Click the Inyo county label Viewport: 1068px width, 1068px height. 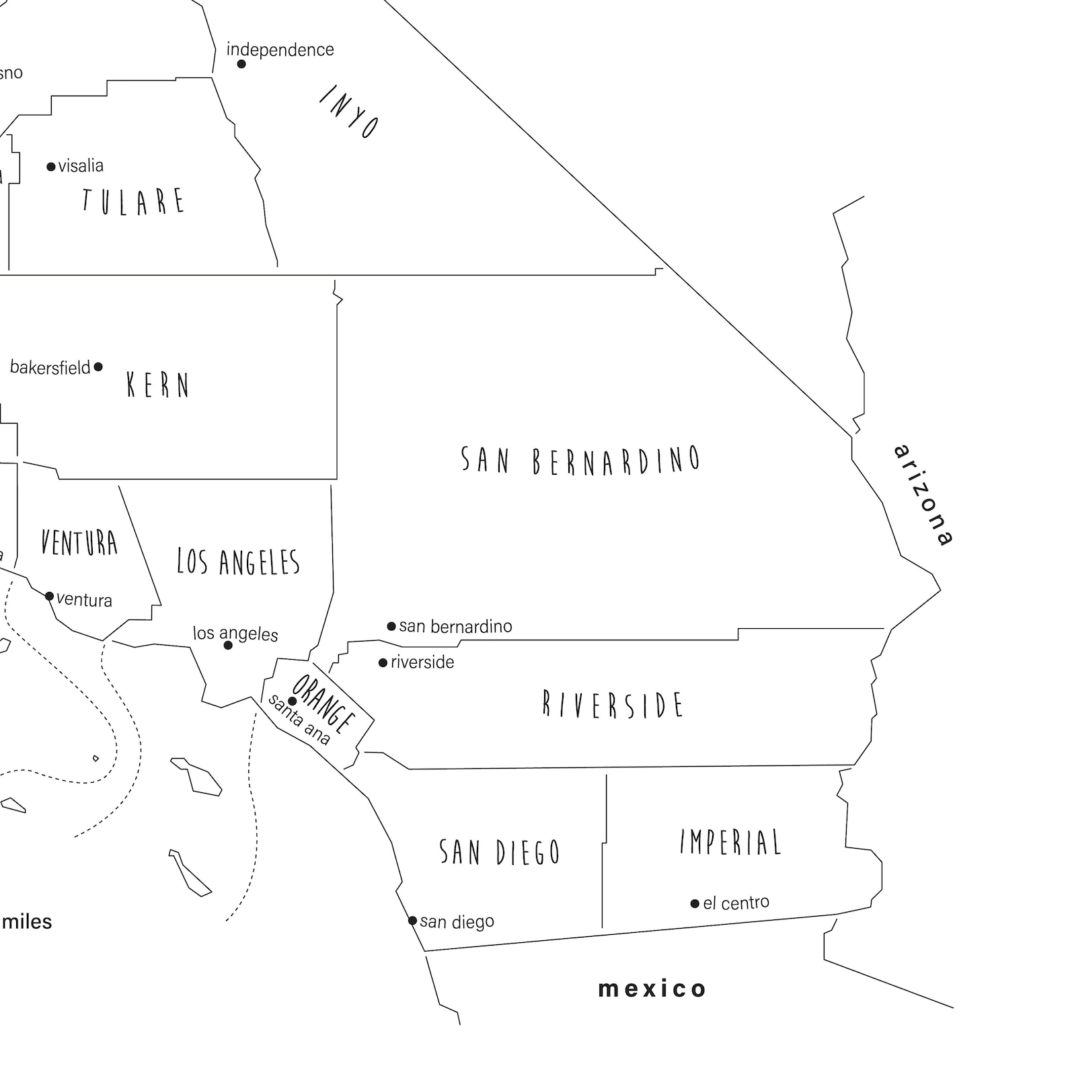click(x=348, y=112)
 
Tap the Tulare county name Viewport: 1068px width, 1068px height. click(x=133, y=201)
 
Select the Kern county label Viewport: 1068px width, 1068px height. click(x=158, y=385)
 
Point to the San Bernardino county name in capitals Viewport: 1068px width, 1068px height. click(x=580, y=461)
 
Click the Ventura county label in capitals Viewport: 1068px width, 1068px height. click(x=79, y=543)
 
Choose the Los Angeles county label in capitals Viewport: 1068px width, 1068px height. click(x=238, y=562)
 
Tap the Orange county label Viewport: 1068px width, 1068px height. click(x=323, y=704)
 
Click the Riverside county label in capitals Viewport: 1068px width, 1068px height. click(x=613, y=705)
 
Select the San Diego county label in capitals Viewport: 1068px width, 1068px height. click(x=500, y=852)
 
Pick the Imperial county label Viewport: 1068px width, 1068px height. click(x=730, y=842)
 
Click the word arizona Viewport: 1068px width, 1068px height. click(x=924, y=494)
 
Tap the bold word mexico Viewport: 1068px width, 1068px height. click(x=652, y=989)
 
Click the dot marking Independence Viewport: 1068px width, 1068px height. click(x=241, y=64)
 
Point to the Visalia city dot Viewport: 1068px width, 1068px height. click(x=51, y=167)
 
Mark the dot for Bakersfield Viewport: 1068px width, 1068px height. click(x=98, y=367)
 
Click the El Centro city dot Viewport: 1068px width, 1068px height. click(x=695, y=903)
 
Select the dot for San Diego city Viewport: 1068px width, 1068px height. click(x=412, y=921)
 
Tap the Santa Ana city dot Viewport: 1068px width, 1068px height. click(x=293, y=701)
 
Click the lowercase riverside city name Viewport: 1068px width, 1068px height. click(x=422, y=662)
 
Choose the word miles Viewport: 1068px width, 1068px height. click(x=27, y=921)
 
